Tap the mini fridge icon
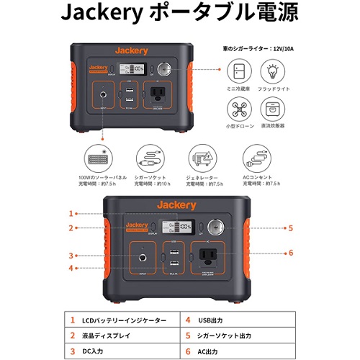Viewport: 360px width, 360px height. (241, 73)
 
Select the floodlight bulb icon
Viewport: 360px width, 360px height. (274, 73)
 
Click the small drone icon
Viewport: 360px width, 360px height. (241, 107)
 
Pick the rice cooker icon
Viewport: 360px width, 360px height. (274, 107)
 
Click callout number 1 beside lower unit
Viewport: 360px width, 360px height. (71, 214)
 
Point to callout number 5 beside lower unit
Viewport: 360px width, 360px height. (291, 228)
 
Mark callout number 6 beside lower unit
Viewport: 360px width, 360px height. (291, 253)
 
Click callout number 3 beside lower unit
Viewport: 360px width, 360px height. (71, 255)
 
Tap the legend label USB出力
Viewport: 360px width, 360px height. (216, 320)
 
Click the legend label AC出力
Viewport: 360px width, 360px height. (215, 351)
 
